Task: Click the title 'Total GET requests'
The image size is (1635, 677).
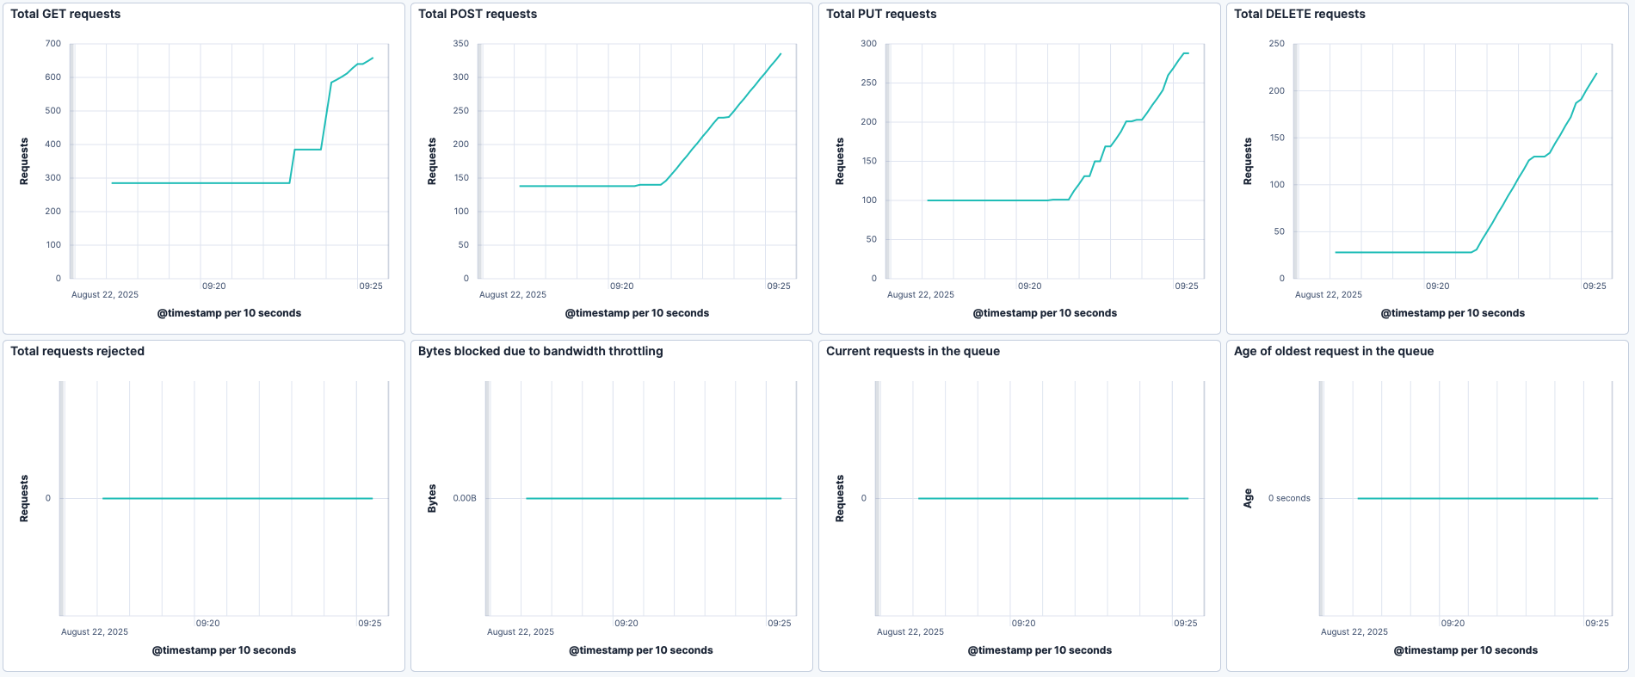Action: click(x=65, y=14)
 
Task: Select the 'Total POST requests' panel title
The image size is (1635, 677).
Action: click(x=478, y=14)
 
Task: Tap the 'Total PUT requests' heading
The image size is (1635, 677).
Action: click(x=881, y=14)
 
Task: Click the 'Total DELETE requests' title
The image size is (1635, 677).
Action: click(x=1299, y=14)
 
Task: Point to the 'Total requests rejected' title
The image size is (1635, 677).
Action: click(x=77, y=351)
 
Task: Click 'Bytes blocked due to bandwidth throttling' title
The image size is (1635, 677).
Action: click(x=540, y=351)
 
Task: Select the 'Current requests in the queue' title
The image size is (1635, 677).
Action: click(x=913, y=351)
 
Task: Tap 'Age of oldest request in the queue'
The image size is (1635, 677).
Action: click(x=1334, y=351)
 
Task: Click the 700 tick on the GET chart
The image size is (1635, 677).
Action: click(x=53, y=43)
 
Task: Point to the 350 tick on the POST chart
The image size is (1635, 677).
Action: click(x=461, y=43)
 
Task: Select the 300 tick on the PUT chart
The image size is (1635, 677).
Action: click(x=869, y=43)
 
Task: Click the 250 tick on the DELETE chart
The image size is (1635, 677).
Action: click(x=1277, y=43)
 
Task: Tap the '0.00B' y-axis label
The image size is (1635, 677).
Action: click(x=465, y=498)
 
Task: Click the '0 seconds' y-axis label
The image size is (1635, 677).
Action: click(x=1289, y=498)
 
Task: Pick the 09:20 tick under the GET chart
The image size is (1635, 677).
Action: click(x=214, y=286)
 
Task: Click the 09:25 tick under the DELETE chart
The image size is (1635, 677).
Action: click(x=1595, y=286)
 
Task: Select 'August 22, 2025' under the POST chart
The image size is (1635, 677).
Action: click(x=513, y=294)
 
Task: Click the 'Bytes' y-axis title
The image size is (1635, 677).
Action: click(x=432, y=498)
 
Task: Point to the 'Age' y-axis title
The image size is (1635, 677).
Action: click(x=1248, y=498)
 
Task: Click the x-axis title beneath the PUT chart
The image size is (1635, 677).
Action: click(x=1045, y=313)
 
